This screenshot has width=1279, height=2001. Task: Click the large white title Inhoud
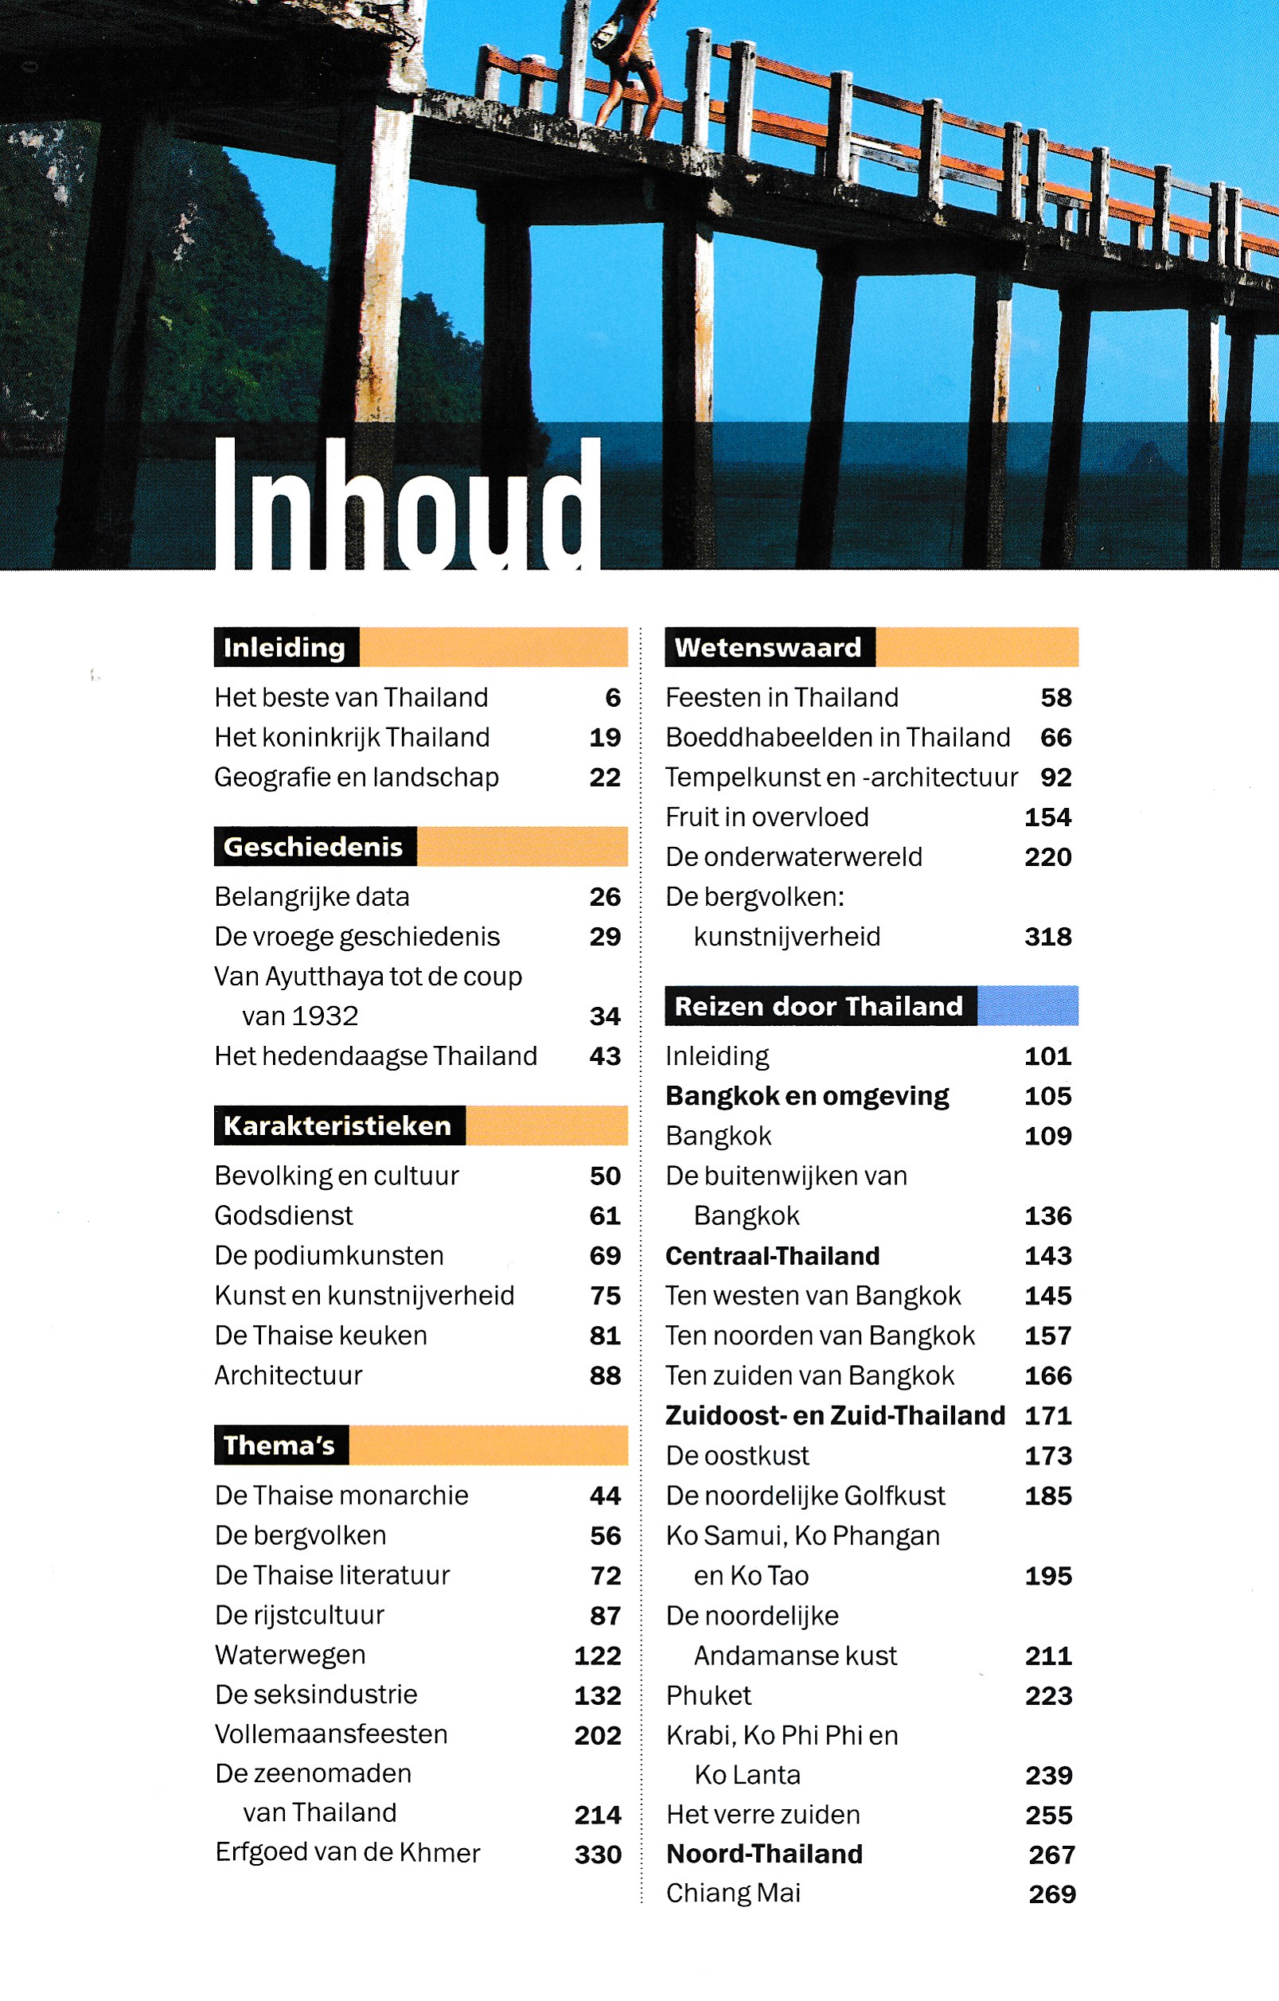click(407, 505)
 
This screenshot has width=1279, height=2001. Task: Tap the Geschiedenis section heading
click(314, 847)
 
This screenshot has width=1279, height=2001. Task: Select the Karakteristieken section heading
click(337, 1125)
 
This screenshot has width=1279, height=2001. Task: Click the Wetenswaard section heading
click(768, 647)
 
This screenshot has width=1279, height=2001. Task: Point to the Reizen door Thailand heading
click(819, 1006)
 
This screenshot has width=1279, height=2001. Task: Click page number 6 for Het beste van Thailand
click(613, 697)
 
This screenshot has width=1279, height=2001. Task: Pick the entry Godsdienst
click(283, 1215)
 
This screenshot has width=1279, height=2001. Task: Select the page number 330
click(598, 1854)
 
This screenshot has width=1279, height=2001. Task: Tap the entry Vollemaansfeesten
click(331, 1734)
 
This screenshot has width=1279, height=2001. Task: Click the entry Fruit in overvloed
click(767, 817)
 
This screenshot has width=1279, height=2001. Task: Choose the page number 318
click(1048, 937)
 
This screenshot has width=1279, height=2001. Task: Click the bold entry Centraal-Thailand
click(772, 1256)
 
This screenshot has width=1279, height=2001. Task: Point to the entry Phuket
click(708, 1695)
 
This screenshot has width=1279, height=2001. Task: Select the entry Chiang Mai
click(733, 1893)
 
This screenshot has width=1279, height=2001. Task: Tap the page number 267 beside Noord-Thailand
click(1052, 1854)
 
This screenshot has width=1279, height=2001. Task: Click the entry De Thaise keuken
click(321, 1336)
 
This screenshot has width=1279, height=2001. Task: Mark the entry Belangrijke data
click(312, 896)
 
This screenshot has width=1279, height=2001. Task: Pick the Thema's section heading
click(279, 1445)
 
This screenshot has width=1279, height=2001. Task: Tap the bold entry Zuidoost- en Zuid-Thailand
click(835, 1415)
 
